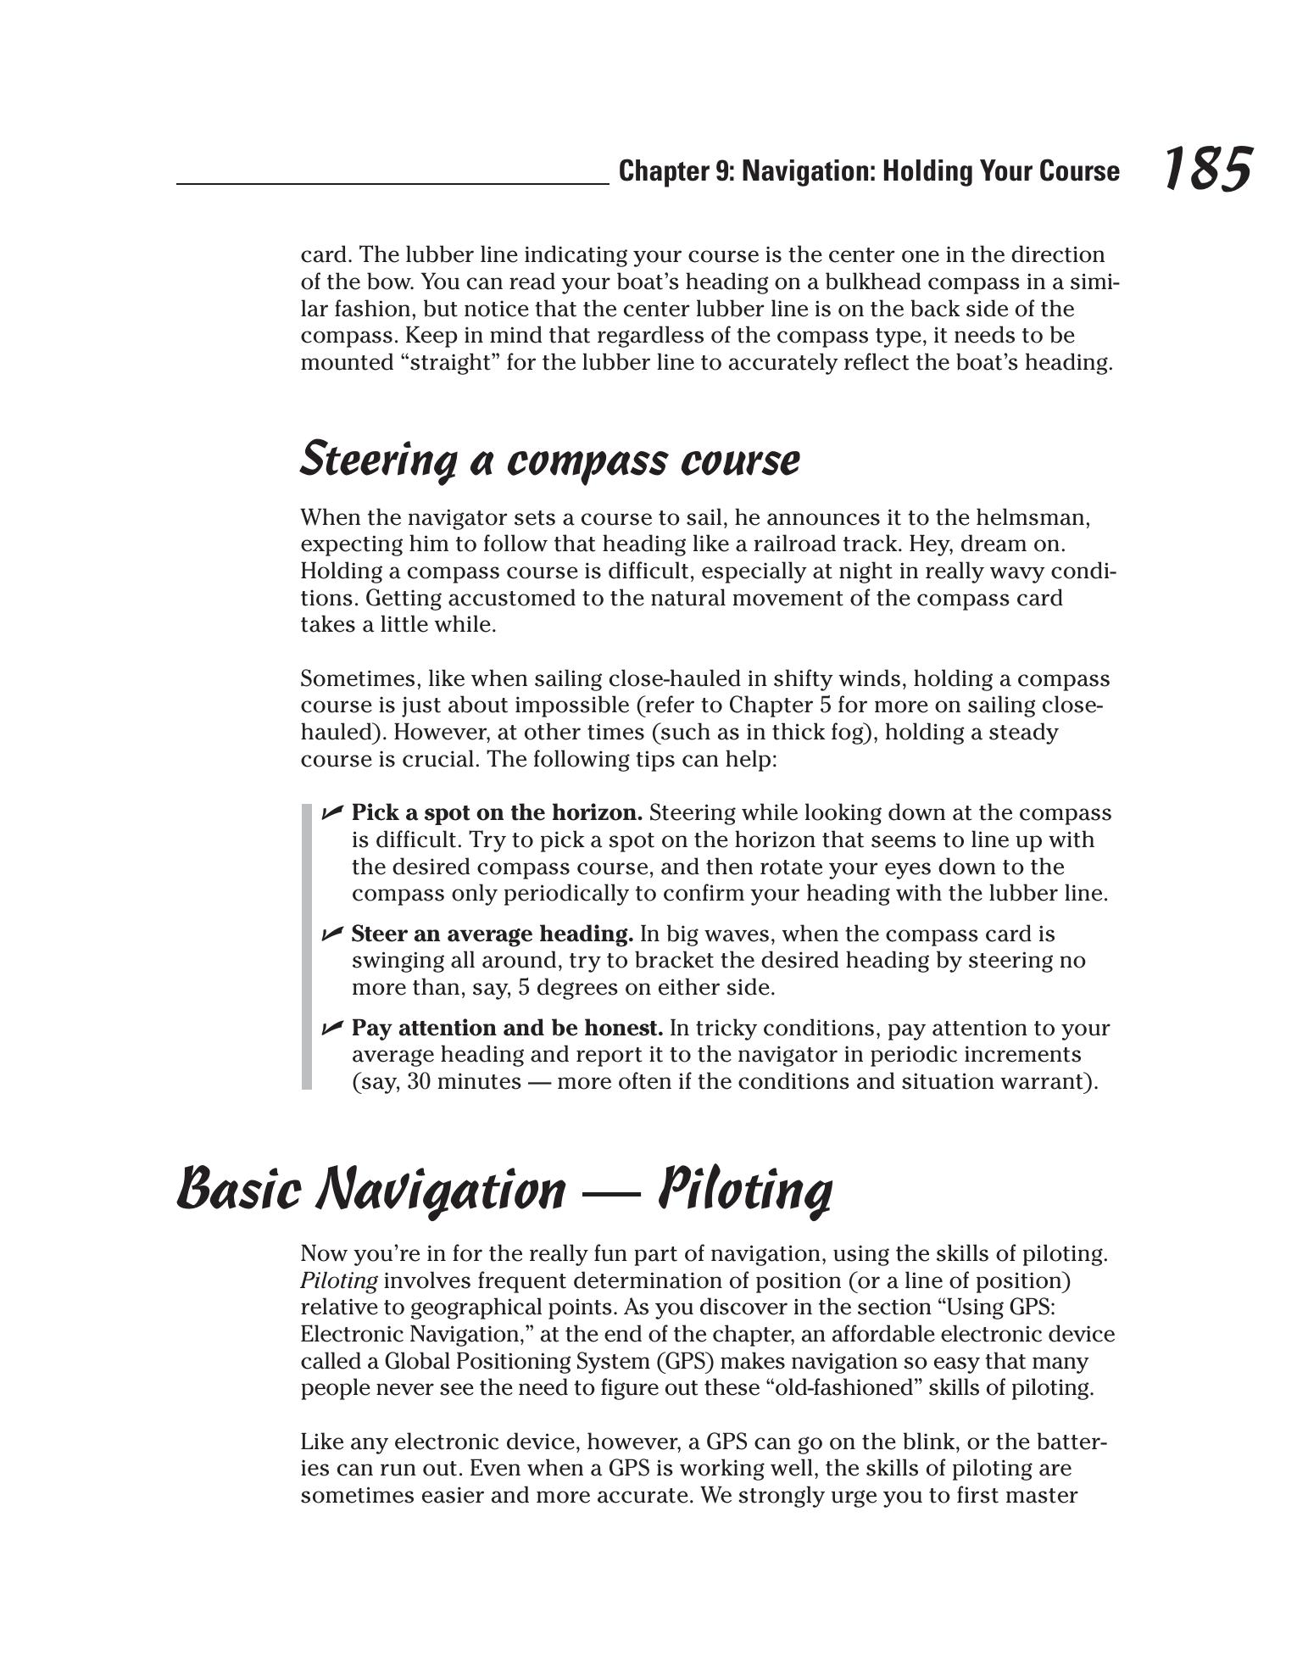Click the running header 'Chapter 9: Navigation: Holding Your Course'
click(x=868, y=171)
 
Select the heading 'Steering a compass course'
click(x=549, y=460)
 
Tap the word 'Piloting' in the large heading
click(x=745, y=1189)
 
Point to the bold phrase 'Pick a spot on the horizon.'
click(x=497, y=813)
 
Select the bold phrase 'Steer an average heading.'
click(x=492, y=934)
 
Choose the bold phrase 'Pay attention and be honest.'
click(x=507, y=1029)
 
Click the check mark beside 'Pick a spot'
click(x=331, y=813)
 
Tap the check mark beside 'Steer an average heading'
click(x=331, y=934)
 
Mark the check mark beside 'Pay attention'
click(x=331, y=1029)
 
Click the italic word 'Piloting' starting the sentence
click(x=338, y=1280)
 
